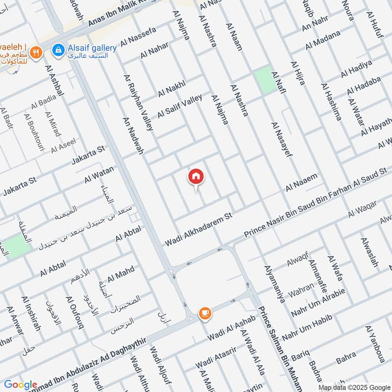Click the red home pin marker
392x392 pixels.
tap(196, 177)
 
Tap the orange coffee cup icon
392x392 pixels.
tap(204, 313)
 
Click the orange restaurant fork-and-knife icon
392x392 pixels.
tap(35, 52)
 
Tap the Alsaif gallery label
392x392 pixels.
tap(92, 48)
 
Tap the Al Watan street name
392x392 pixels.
tap(99, 175)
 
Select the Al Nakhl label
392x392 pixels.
tap(171, 89)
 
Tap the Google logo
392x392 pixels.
tap(21, 385)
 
